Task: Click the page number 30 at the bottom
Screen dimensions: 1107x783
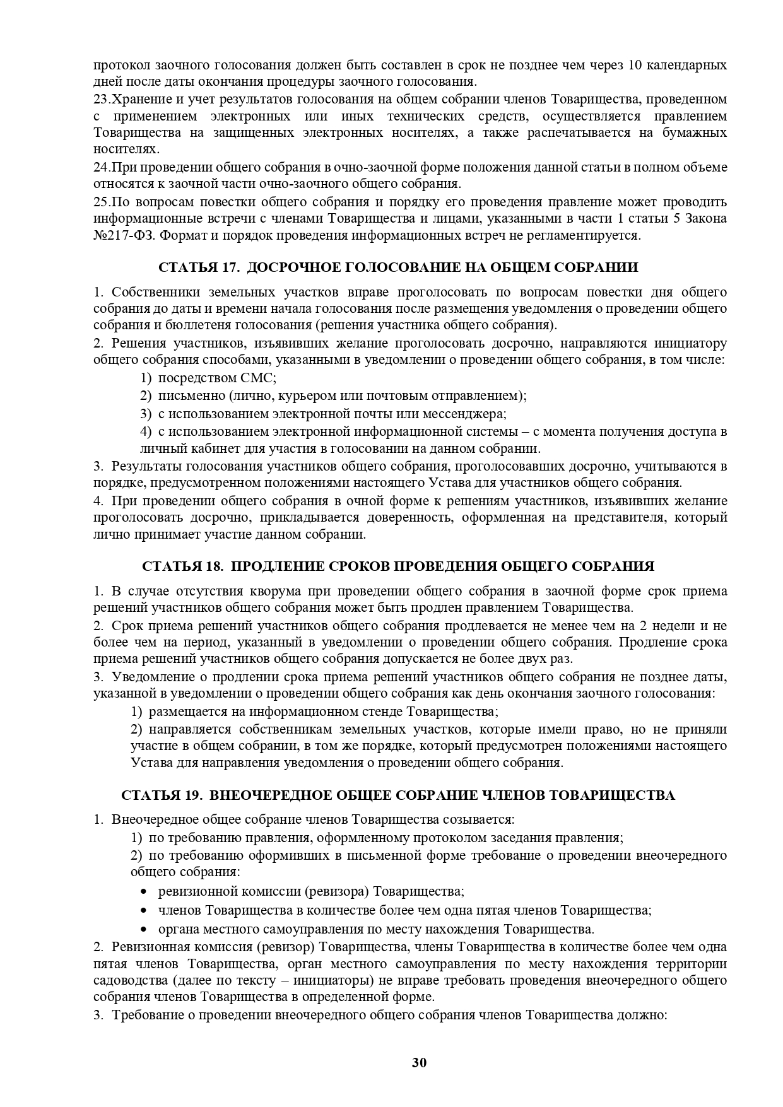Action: (420, 1063)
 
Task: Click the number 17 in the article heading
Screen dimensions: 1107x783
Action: (229, 267)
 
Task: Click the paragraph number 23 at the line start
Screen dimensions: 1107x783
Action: (100, 100)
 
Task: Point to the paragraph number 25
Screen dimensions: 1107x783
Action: (100, 202)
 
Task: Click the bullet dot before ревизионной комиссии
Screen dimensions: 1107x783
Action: (144, 892)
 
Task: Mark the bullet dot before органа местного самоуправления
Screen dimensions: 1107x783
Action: (144, 929)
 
